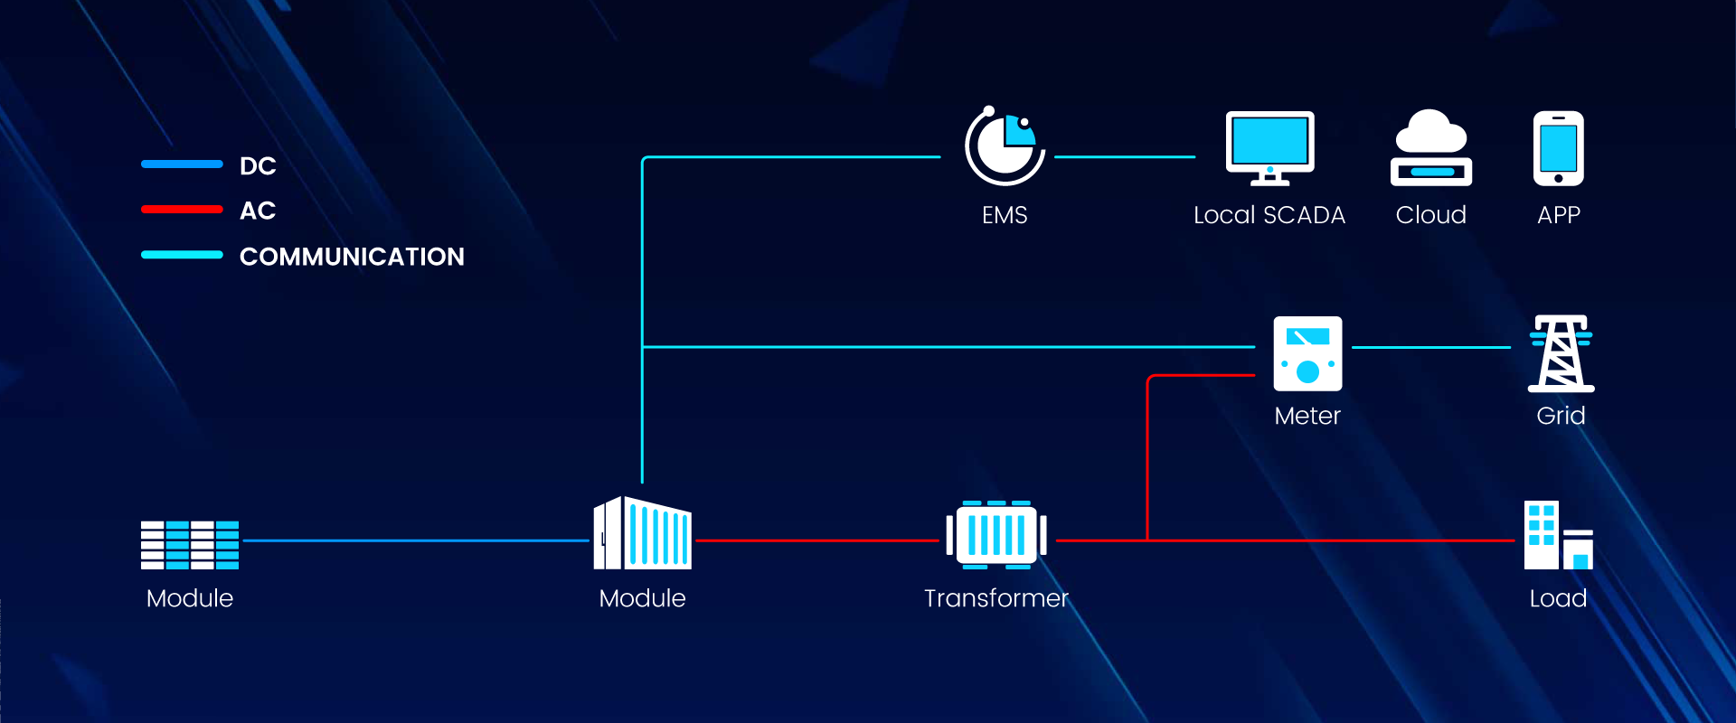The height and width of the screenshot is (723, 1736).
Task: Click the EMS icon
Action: (1005, 146)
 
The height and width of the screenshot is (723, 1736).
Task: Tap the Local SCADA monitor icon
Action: (1269, 147)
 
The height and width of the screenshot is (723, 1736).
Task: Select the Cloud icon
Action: (1430, 148)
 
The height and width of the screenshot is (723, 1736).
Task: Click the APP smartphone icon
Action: (1558, 148)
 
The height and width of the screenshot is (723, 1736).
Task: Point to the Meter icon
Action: (1307, 353)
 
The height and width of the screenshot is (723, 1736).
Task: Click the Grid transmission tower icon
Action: (1561, 353)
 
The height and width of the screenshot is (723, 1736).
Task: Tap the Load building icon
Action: (1558, 535)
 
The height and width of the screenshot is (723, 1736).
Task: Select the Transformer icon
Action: (996, 535)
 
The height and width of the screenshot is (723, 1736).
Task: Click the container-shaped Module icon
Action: (642, 533)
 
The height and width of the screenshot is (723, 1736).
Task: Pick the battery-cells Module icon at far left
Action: (190, 545)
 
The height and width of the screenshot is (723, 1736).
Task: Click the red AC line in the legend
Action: (182, 210)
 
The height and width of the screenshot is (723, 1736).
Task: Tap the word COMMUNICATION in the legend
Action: (352, 257)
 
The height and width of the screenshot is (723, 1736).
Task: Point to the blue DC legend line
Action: (182, 164)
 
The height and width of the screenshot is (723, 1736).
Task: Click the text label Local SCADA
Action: (1269, 215)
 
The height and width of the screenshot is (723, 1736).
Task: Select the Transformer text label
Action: (996, 598)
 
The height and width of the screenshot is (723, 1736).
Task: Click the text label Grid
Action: (1561, 416)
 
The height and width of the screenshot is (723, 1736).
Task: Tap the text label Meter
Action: (1307, 416)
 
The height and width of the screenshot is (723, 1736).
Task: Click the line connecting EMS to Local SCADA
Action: (1125, 157)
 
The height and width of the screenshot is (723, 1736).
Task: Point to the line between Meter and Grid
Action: (1430, 347)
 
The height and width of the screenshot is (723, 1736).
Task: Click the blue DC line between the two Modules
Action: (416, 540)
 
